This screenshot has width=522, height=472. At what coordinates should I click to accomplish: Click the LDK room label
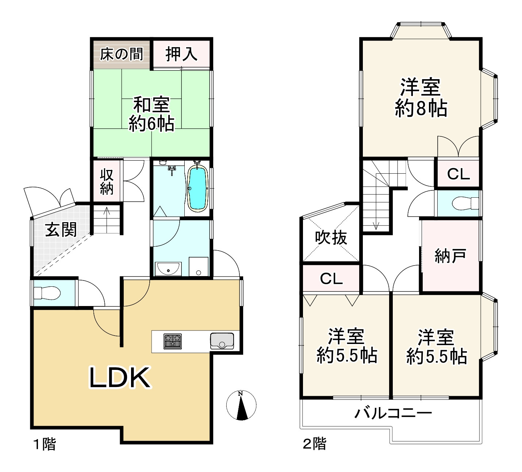[x=120, y=378]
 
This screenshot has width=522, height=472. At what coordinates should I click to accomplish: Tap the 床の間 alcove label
[x=121, y=54]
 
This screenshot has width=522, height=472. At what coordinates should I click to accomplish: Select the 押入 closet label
[x=181, y=54]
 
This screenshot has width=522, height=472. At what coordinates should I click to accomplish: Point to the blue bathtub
[x=197, y=188]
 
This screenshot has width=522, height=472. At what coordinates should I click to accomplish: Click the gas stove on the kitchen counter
[x=173, y=341]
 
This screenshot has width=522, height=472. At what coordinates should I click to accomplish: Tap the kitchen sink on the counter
[x=222, y=341]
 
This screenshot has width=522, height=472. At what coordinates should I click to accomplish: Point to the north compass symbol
[x=241, y=405]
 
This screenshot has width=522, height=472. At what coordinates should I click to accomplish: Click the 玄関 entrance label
[x=61, y=230]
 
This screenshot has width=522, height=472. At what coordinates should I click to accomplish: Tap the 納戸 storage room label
[x=450, y=256]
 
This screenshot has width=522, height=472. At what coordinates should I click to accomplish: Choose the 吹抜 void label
[x=331, y=238]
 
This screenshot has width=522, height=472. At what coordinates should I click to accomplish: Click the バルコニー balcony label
[x=393, y=413]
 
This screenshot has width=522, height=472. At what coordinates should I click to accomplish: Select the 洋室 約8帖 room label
[x=421, y=97]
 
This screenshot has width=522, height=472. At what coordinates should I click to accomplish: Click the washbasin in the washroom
[x=168, y=269]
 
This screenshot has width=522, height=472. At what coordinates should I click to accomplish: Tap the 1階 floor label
[x=45, y=444]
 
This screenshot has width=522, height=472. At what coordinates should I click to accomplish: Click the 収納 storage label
[x=107, y=182]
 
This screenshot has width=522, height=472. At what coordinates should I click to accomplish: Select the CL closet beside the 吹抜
[x=331, y=279]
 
